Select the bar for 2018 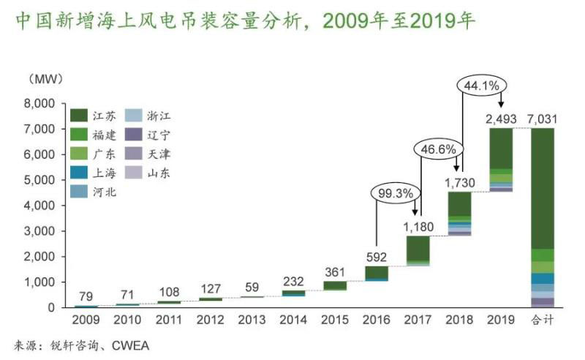tap(459, 213)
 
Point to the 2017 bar tap(418, 250)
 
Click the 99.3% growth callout tap(396, 194)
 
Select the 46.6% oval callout tap(439, 149)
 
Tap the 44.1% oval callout tap(481, 86)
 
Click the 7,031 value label tap(543, 119)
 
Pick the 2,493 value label tap(501, 119)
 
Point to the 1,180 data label tap(418, 227)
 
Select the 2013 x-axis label tap(251, 320)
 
